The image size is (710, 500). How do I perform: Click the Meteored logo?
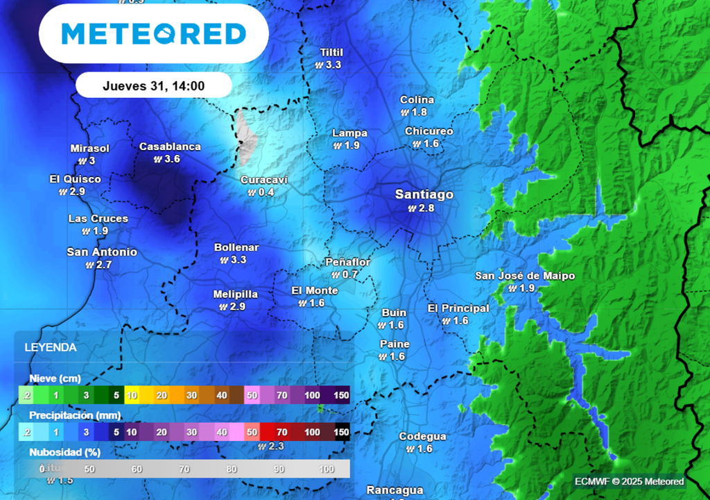153,33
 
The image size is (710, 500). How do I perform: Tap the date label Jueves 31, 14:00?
153,86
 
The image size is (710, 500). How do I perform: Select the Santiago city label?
424,194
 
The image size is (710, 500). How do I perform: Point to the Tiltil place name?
331,53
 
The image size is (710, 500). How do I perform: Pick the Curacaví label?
263,180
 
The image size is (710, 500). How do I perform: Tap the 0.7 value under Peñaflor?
350,275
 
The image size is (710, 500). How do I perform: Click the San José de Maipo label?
525,276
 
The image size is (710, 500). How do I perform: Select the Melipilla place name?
235,294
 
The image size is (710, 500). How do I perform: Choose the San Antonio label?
102,252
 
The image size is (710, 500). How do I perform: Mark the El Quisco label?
75,179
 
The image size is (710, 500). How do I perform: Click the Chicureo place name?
429,131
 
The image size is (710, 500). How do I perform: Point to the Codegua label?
422,437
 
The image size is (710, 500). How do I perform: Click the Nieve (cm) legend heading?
55,378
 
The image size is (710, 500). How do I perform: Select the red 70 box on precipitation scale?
282,432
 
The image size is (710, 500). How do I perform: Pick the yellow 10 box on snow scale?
132,395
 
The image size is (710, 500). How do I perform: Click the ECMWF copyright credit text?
629,481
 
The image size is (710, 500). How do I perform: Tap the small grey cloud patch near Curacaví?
245,135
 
